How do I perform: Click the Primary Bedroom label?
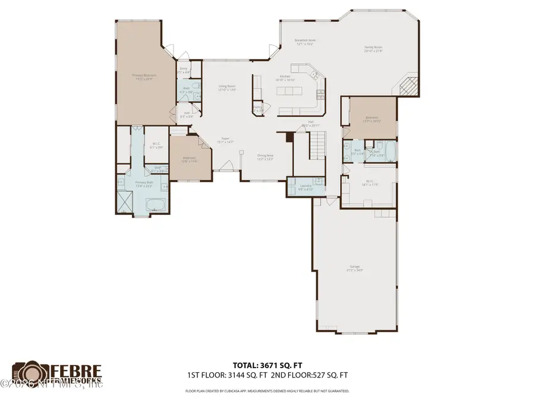pos(144,76)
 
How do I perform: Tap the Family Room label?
pos(373,48)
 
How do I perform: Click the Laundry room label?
pos(306,187)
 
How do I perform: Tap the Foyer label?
pos(225,140)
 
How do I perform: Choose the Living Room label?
pos(227,88)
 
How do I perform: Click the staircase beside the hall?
pos(319,143)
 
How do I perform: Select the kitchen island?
pos(289,91)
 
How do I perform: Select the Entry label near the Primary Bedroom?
pos(184,70)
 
